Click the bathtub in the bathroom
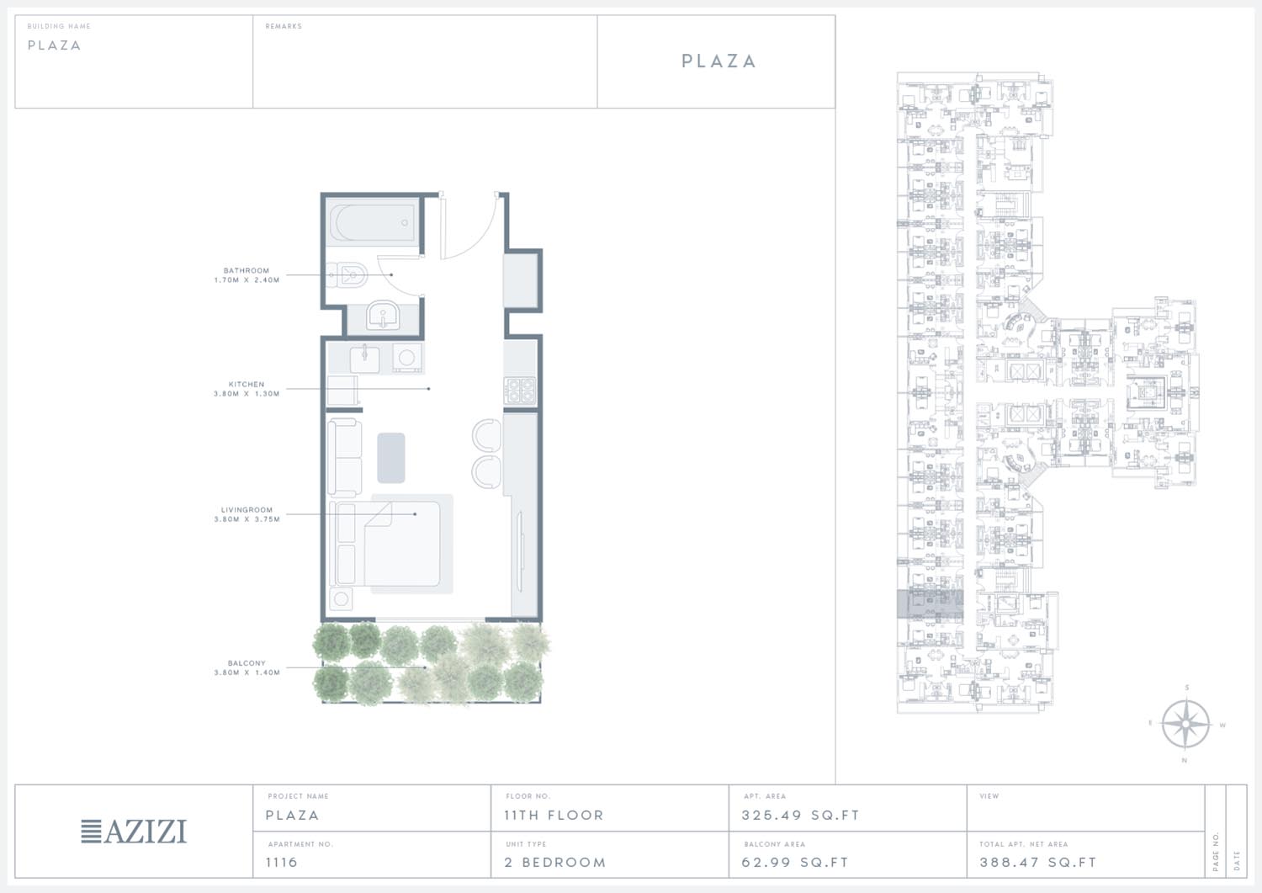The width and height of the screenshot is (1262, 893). click(x=372, y=222)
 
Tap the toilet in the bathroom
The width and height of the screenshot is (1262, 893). click(x=347, y=276)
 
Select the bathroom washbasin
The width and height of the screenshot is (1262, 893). click(x=383, y=315)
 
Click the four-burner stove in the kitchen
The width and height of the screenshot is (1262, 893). click(x=520, y=391)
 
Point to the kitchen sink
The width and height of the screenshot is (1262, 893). click(x=364, y=359)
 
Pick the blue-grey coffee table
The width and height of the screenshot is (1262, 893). click(x=391, y=458)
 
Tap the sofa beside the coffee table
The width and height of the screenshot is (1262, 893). click(x=345, y=457)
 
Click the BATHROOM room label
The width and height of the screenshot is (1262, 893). click(x=247, y=271)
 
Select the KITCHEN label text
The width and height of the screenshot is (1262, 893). click(x=247, y=385)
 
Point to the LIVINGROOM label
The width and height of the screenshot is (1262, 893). click(x=247, y=510)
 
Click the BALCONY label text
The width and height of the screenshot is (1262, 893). click(x=247, y=663)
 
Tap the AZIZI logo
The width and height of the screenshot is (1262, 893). click(x=134, y=831)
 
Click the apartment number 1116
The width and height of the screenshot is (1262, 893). click(x=282, y=862)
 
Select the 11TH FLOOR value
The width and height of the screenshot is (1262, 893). click(x=554, y=816)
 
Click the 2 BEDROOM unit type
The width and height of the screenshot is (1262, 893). click(x=555, y=862)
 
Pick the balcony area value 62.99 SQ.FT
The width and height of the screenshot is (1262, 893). click(x=795, y=862)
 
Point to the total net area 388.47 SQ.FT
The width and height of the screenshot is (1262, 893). click(x=1038, y=862)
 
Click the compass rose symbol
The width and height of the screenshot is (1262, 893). click(x=1185, y=724)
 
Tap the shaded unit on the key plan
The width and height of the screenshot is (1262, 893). click(x=931, y=603)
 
